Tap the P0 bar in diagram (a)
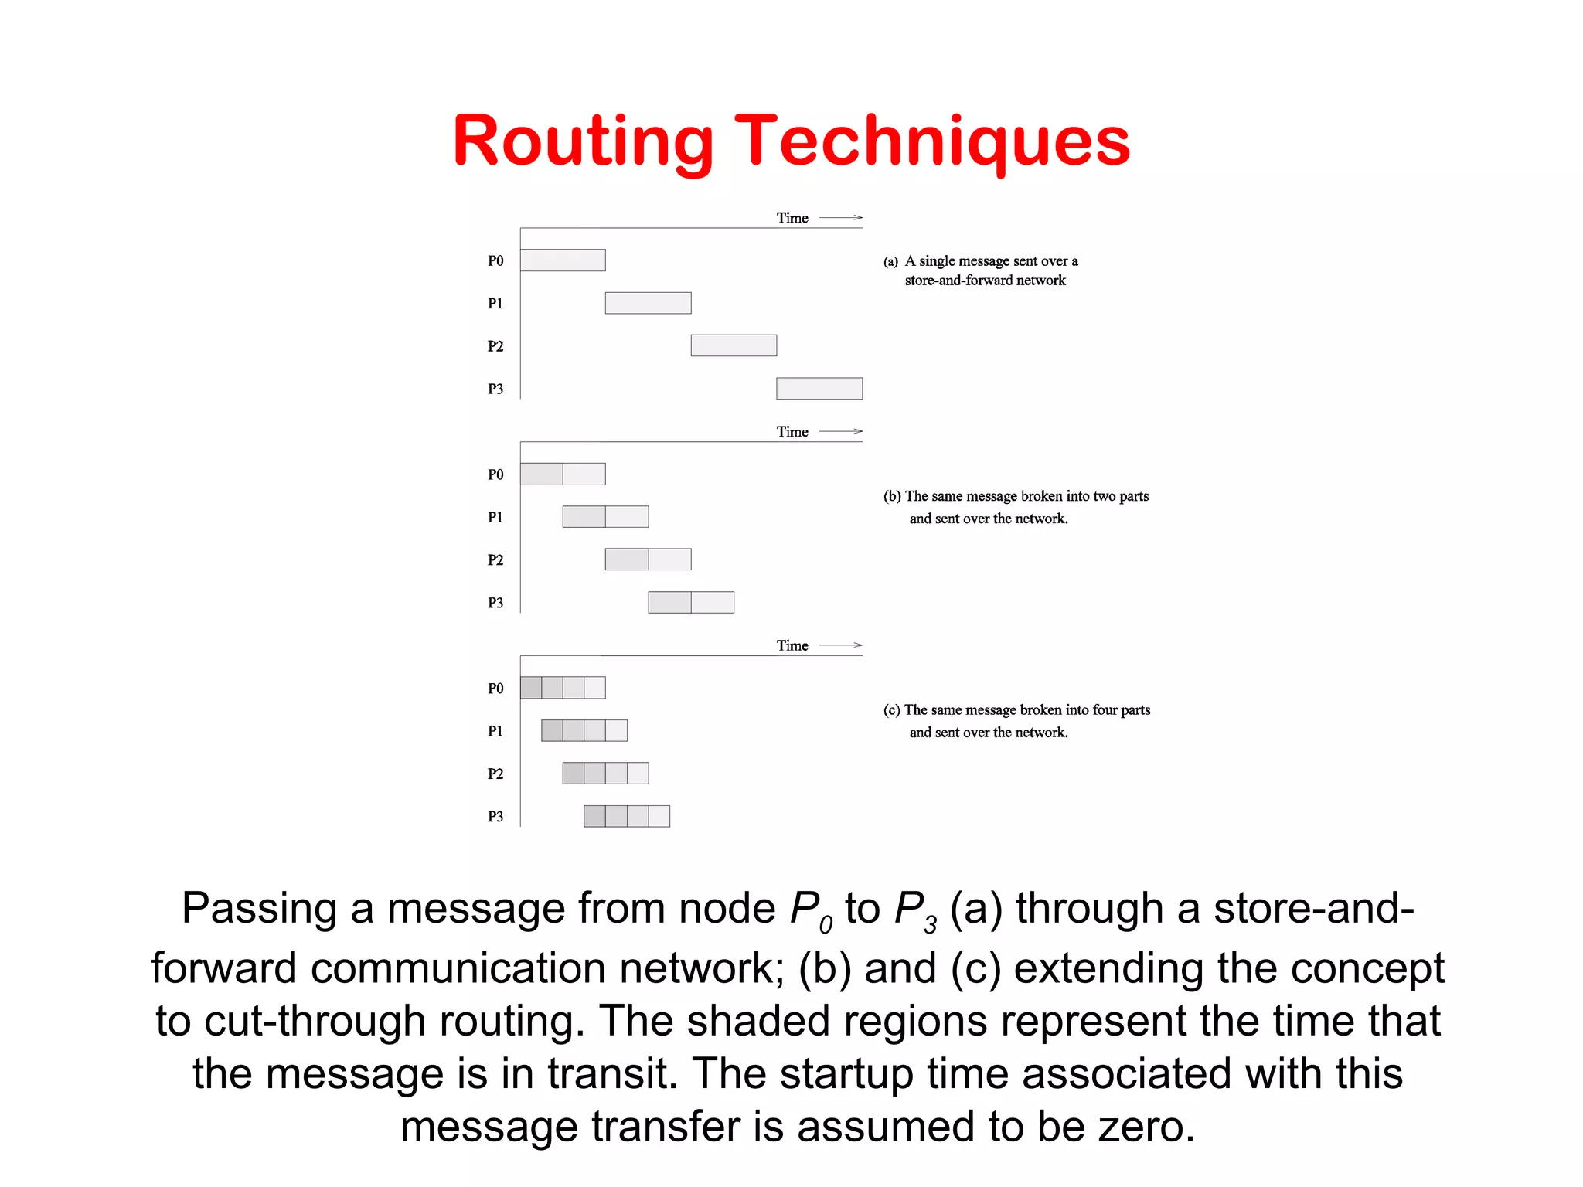[563, 260]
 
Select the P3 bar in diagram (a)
[819, 389]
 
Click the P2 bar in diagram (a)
[734, 345]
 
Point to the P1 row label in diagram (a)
[495, 304]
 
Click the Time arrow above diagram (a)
[841, 218]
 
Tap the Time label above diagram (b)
[792, 432]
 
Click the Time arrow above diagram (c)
[841, 645]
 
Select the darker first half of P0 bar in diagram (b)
[541, 474]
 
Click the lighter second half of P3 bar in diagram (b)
[713, 602]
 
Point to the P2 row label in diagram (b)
[495, 560]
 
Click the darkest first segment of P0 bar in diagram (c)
[531, 688]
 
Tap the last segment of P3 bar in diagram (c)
[659, 816]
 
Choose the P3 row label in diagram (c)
[495, 817]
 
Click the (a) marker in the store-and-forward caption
[890, 262]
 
